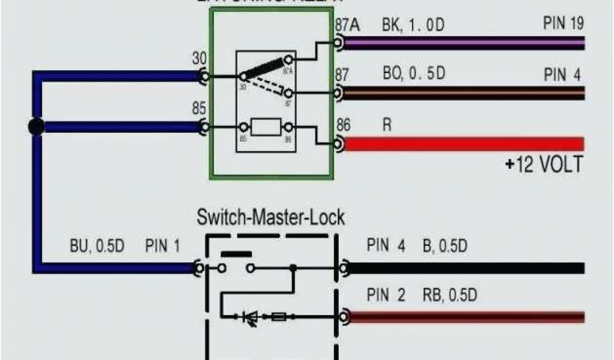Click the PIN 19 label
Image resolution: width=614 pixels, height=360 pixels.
coord(563,24)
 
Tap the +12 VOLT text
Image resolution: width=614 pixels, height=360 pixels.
coord(543,164)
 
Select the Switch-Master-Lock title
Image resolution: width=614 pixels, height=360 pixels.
coord(271,217)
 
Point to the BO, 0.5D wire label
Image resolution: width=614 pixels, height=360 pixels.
coord(414,75)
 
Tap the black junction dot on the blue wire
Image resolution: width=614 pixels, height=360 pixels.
coord(37,127)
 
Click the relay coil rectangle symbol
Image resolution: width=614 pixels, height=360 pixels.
coord(266,127)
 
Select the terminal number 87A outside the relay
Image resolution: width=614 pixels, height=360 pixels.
coord(347,25)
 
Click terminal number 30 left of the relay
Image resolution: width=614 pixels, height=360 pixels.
coord(199,59)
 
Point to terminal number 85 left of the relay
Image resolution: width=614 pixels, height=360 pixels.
coord(199,109)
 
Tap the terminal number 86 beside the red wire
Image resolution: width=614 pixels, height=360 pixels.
coord(343,126)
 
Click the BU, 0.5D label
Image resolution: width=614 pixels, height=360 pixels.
coord(96,247)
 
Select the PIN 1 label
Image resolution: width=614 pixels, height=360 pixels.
coord(162,247)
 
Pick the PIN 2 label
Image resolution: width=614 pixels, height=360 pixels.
coord(386,295)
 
